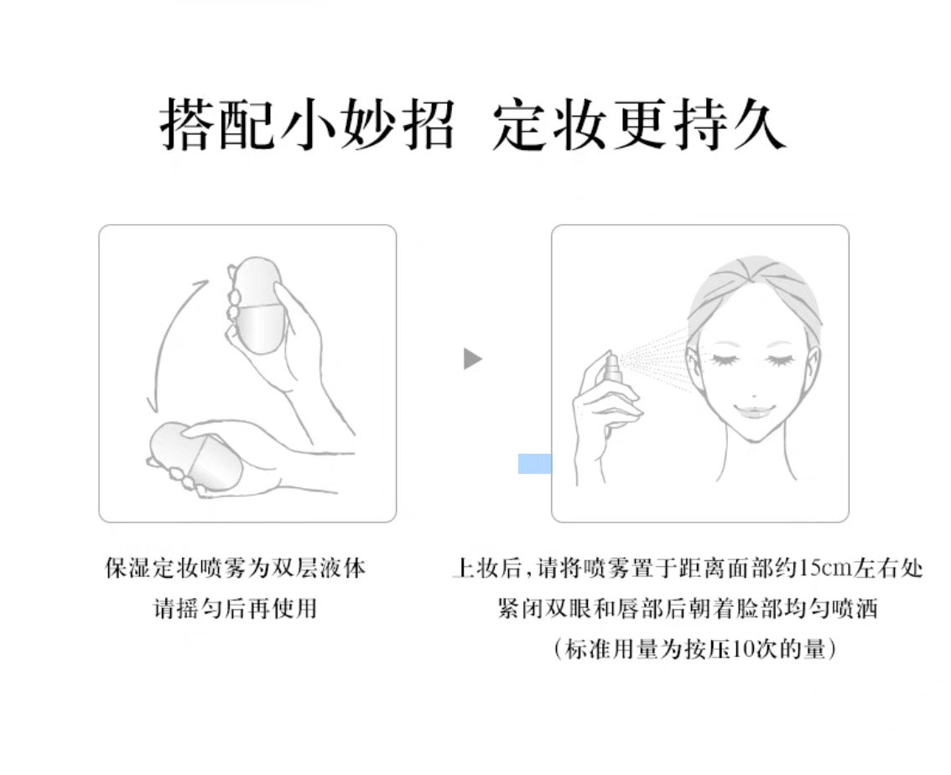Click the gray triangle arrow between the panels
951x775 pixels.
472,358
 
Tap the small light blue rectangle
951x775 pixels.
535,464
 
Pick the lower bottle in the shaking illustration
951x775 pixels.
195,457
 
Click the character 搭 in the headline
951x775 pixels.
187,124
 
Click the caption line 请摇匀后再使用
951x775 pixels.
235,607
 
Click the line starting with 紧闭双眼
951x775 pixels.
687,607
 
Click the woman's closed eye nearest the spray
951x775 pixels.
725,359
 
